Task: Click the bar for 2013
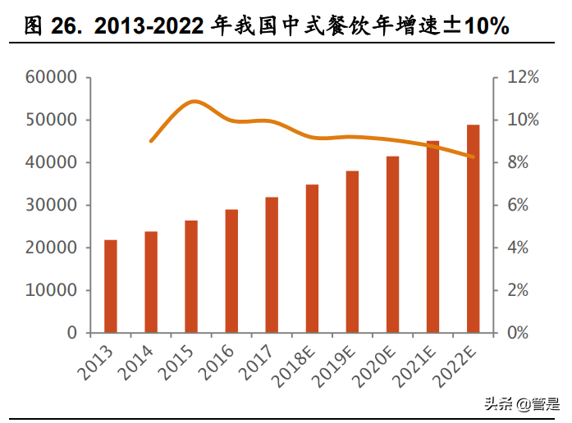point(111,286)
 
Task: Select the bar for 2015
point(191,276)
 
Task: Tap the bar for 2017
point(272,265)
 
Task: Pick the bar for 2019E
point(352,252)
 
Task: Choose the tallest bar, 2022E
point(474,229)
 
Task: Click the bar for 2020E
point(393,244)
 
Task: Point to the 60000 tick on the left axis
point(52,77)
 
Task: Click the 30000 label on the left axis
point(52,205)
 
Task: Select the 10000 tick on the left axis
point(52,290)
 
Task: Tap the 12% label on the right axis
point(522,77)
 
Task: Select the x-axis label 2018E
point(297,365)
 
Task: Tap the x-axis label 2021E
point(418,365)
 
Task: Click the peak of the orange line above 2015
point(193,102)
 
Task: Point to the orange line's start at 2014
point(151,141)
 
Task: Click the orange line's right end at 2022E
point(474,157)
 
